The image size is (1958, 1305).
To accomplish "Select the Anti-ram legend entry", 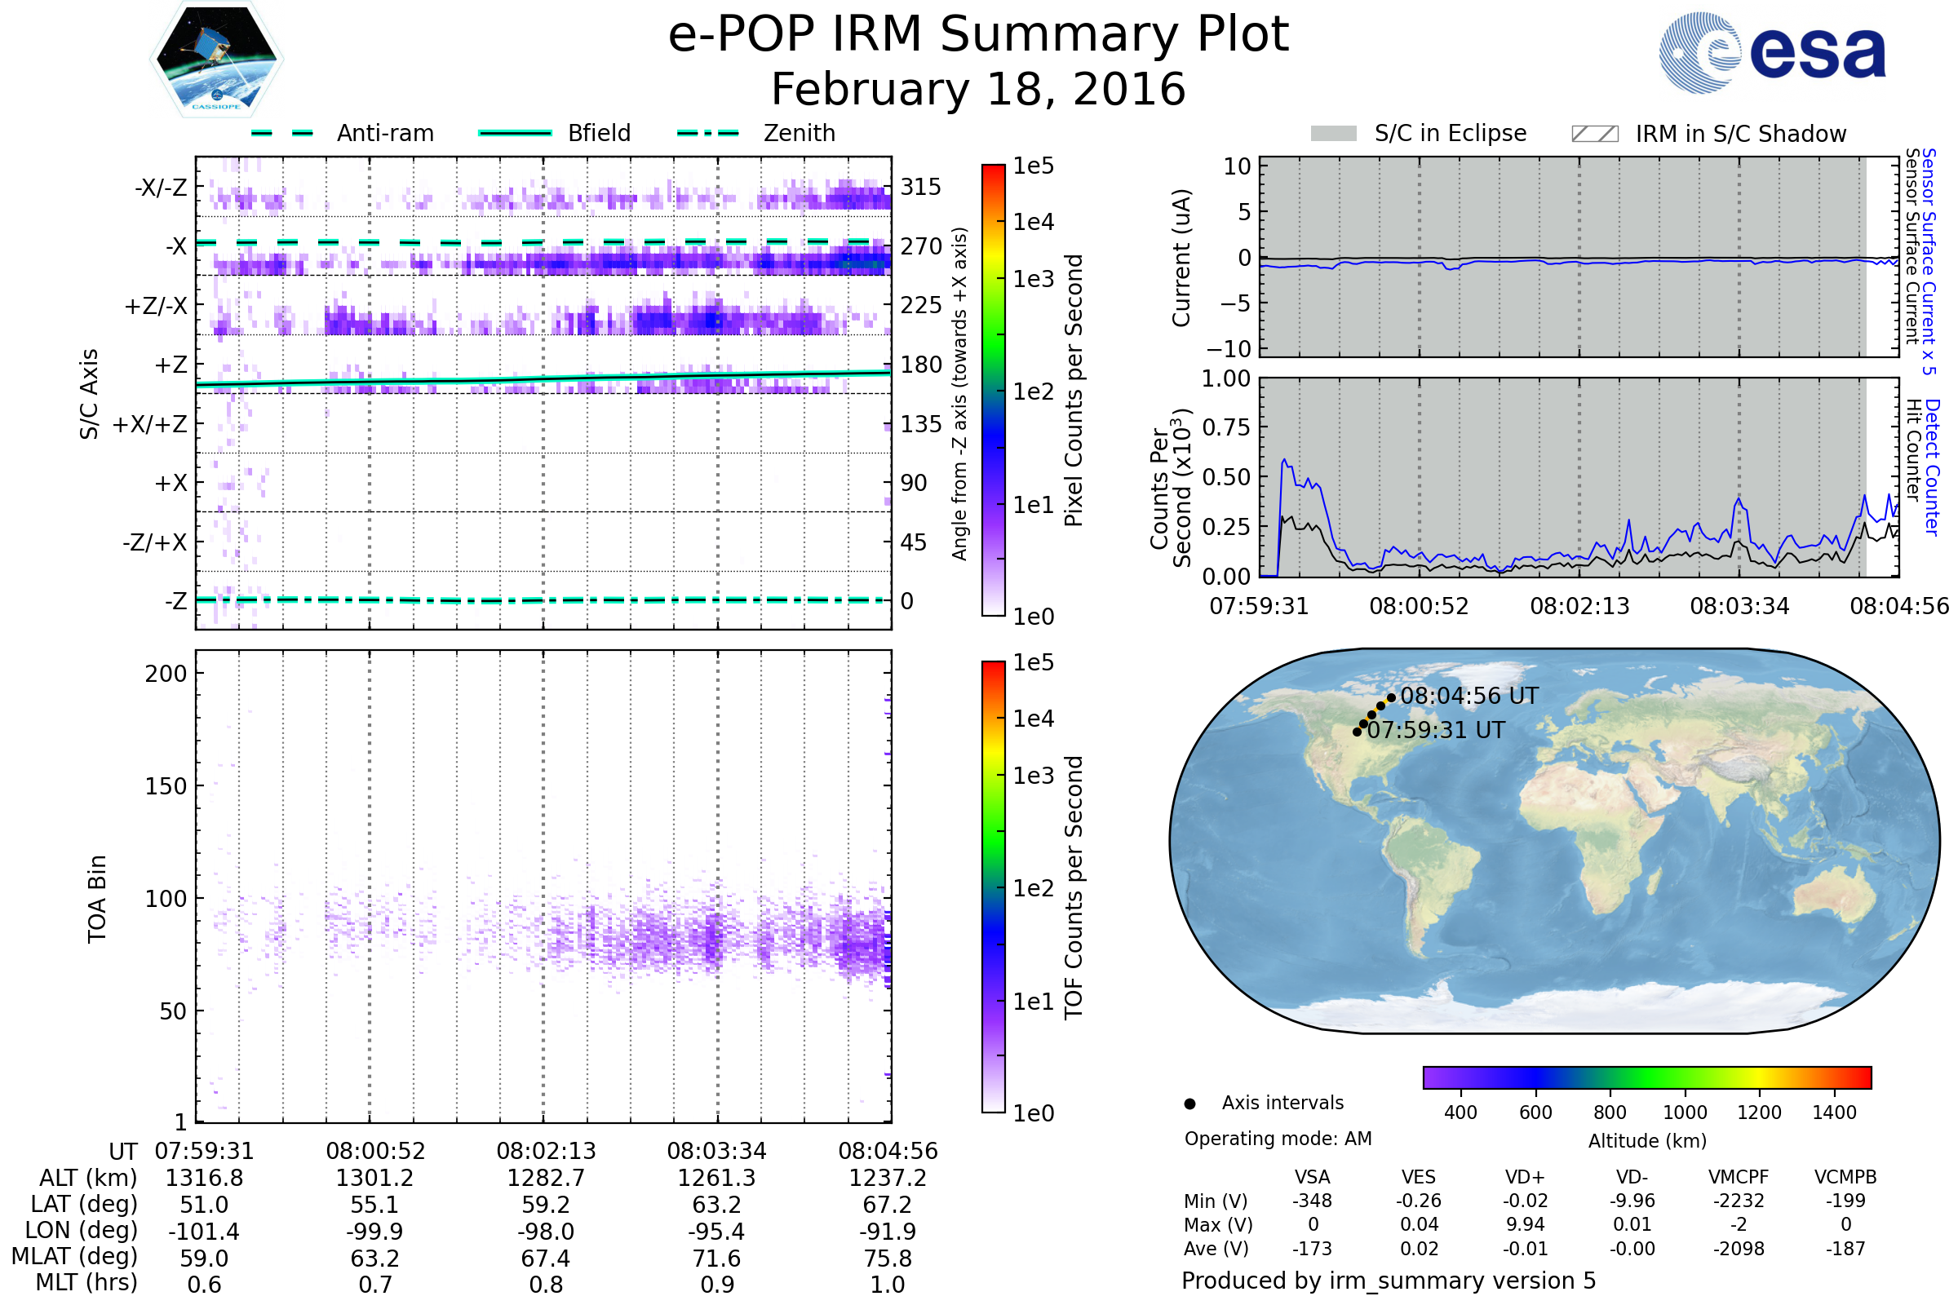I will (x=343, y=133).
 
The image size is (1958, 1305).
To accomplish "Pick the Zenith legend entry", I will (x=756, y=133).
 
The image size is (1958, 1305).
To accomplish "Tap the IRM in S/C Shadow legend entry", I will (x=1708, y=134).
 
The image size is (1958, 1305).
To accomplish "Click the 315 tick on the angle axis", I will (x=921, y=188).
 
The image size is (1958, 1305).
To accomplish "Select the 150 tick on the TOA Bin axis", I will (x=166, y=786).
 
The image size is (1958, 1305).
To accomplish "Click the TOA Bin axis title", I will (x=97, y=899).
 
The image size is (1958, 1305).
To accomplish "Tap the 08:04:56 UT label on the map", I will (x=1469, y=697).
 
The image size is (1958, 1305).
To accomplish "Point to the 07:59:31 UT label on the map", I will (x=1436, y=731).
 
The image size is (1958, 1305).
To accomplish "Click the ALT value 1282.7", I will (x=546, y=1179).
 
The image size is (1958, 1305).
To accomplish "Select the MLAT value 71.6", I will (x=717, y=1259).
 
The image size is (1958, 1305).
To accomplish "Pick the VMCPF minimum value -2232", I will (x=1739, y=1201).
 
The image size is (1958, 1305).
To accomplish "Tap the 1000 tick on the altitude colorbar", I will (x=1684, y=1113).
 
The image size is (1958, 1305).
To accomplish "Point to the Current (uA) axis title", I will (x=1181, y=258).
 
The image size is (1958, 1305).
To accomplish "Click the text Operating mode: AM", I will (x=1278, y=1139).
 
